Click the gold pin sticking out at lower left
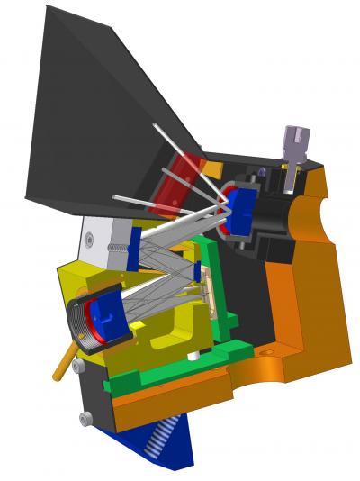tap(62, 366)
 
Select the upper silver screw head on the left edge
tap(79, 367)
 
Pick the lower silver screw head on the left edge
tap(85, 418)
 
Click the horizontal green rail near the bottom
tap(171, 371)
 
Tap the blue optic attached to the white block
tap(134, 248)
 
